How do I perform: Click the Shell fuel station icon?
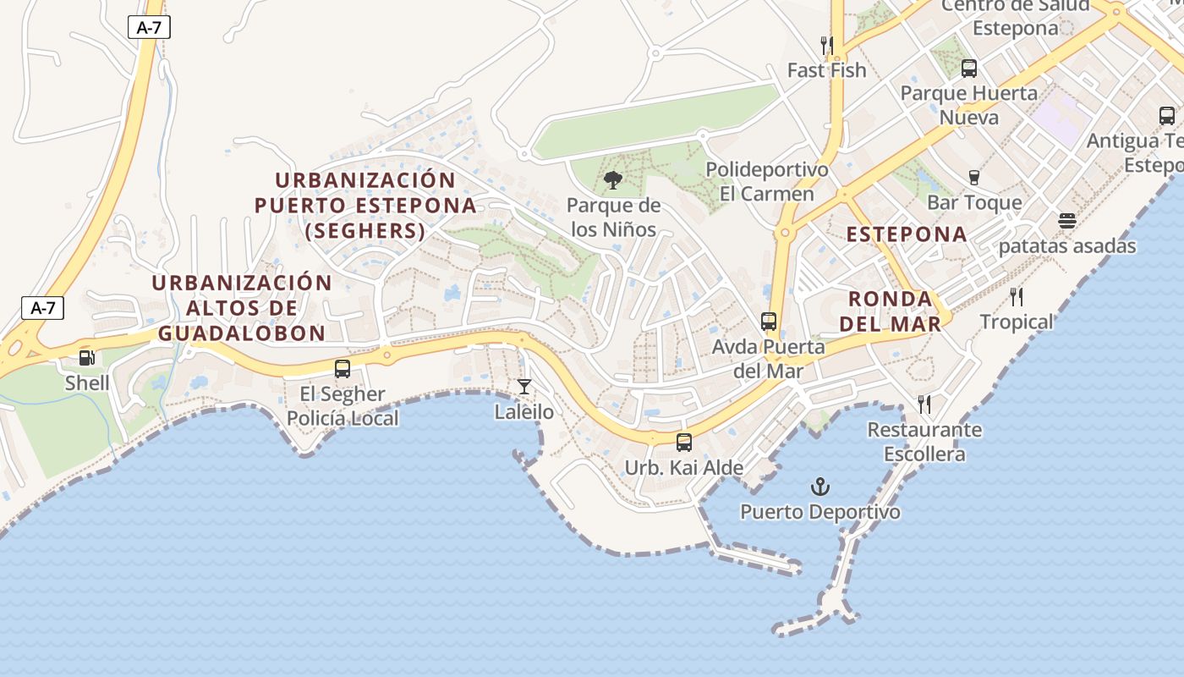[x=86, y=358]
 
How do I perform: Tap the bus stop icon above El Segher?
[x=343, y=369]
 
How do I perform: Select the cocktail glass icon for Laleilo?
[x=524, y=388]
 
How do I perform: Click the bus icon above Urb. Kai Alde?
[x=684, y=443]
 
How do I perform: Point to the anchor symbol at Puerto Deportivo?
[x=819, y=487]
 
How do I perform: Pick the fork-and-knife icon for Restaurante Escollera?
[x=924, y=405]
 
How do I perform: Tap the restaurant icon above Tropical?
[x=1017, y=297]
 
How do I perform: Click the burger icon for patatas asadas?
[x=1067, y=222]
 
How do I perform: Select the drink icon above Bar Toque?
[x=974, y=178]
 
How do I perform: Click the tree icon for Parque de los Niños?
[x=613, y=180]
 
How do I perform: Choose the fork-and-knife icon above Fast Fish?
[x=827, y=45]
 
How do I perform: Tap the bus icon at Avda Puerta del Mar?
[x=769, y=322]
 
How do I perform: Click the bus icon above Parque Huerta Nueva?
[x=969, y=69]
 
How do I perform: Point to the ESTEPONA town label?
[x=907, y=234]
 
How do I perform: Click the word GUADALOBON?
[x=242, y=333]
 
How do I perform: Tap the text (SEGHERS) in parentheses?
[x=365, y=230]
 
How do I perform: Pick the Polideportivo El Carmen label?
[x=767, y=181]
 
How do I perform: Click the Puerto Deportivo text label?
[x=820, y=512]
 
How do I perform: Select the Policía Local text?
[x=343, y=418]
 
